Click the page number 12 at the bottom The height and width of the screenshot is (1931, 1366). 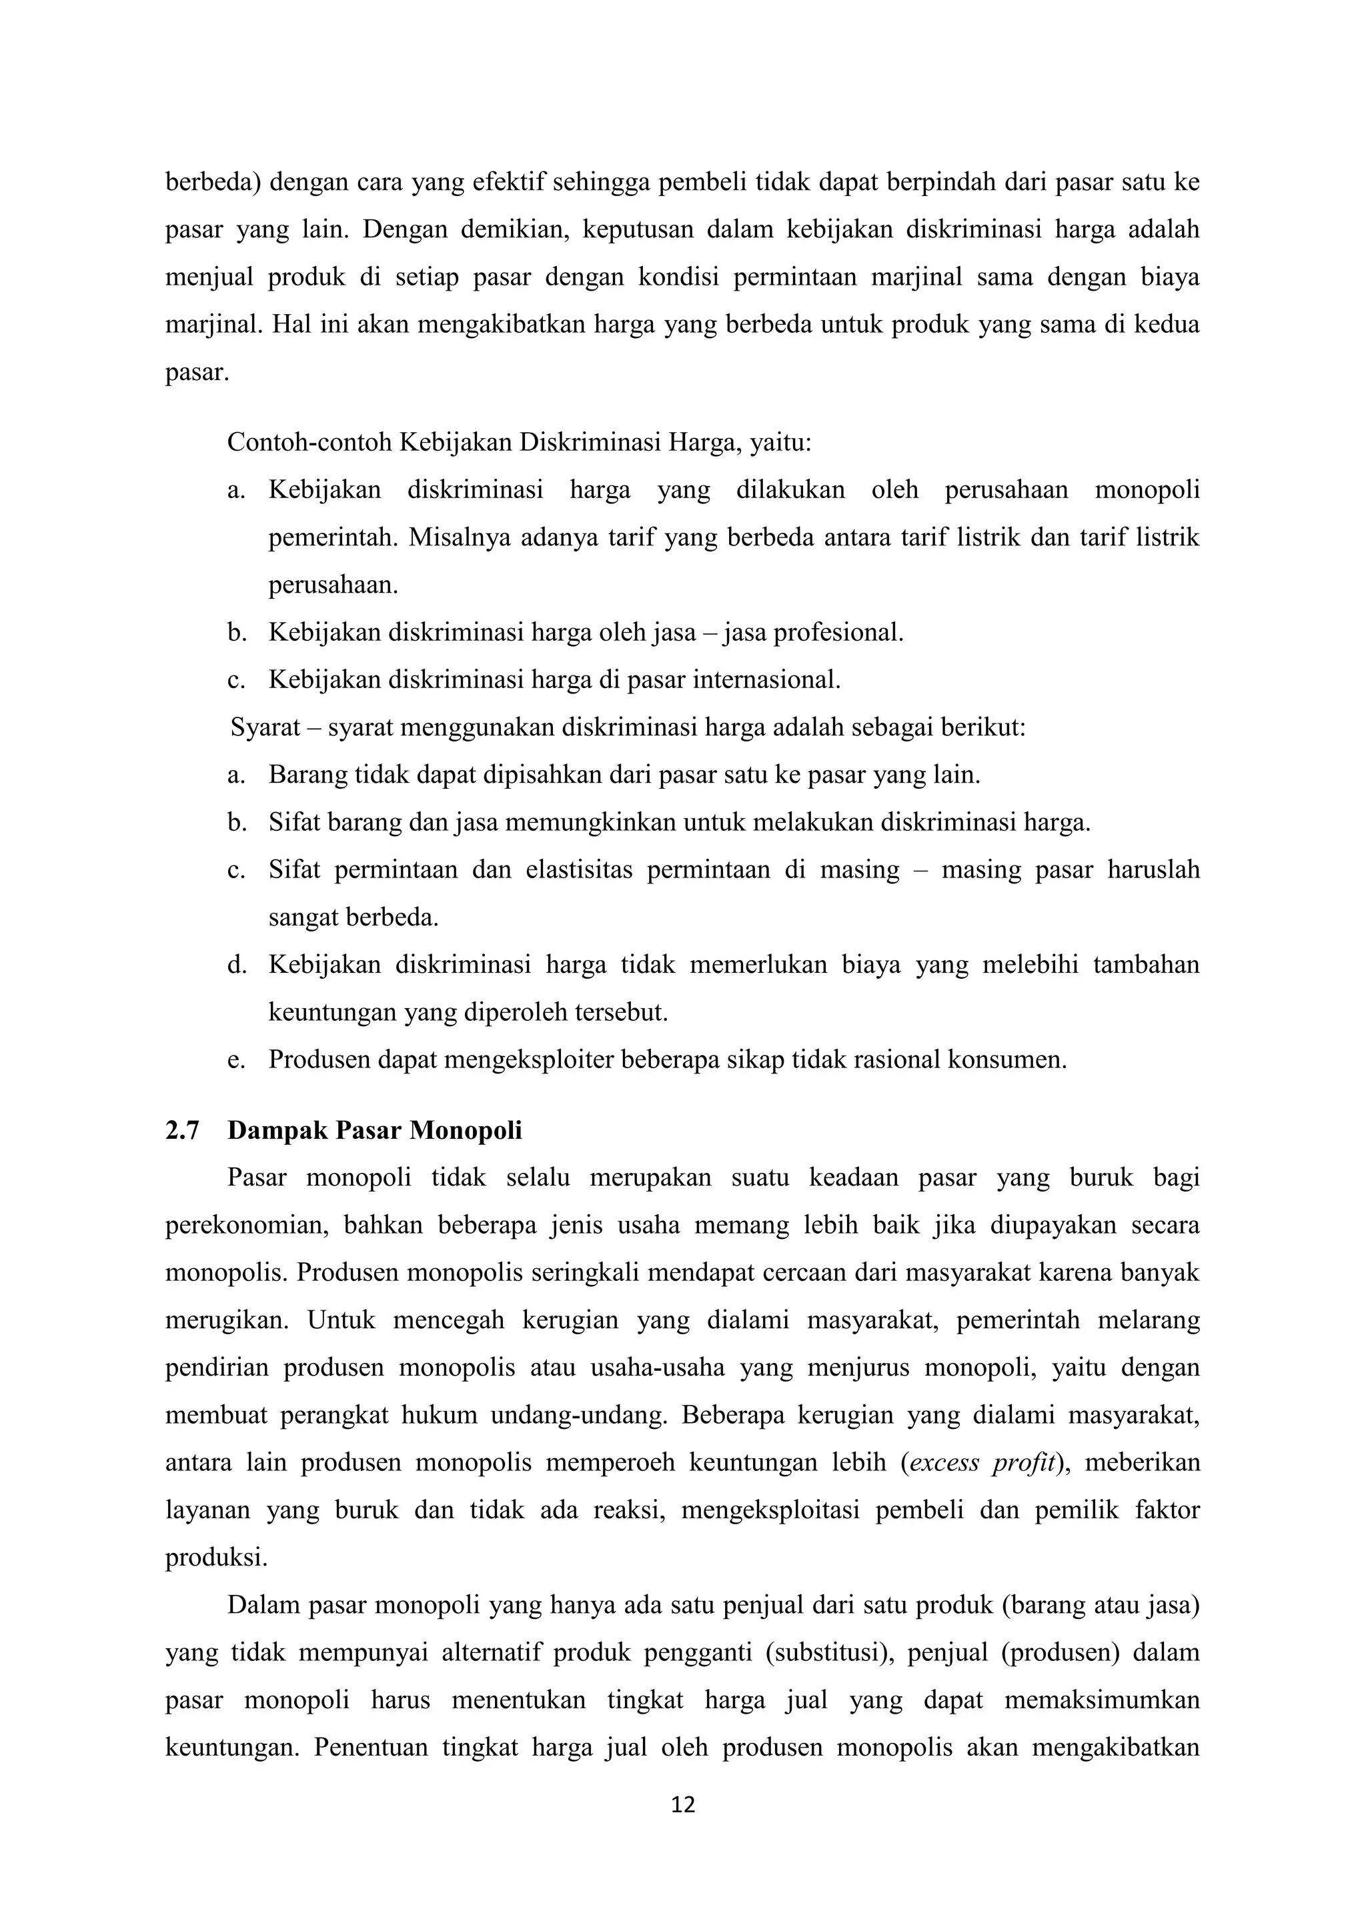click(683, 1804)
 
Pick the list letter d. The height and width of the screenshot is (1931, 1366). click(236, 965)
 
